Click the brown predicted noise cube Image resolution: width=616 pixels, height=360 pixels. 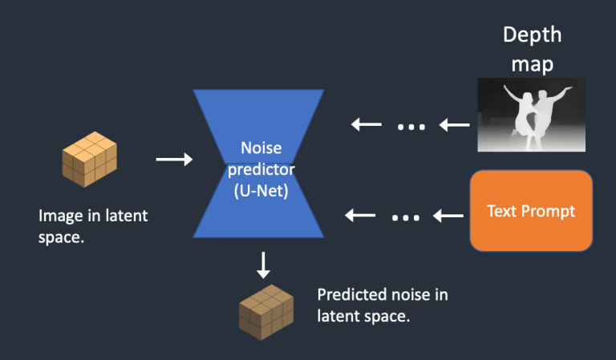click(x=266, y=311)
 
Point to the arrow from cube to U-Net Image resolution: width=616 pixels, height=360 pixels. click(x=174, y=160)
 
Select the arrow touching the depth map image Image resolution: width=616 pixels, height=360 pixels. click(x=455, y=125)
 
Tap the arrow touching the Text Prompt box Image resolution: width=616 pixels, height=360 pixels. click(x=449, y=216)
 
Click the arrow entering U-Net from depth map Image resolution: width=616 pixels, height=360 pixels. click(x=366, y=124)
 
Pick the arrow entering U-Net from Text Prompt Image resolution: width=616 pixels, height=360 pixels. click(x=360, y=215)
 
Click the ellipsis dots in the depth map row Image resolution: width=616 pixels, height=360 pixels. click(x=411, y=126)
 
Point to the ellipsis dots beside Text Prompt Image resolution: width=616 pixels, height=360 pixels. click(x=405, y=216)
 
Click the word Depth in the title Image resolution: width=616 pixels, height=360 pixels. click(x=532, y=35)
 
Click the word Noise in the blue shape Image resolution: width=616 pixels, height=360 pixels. click(x=258, y=149)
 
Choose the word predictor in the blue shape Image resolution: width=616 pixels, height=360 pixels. click(x=258, y=169)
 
